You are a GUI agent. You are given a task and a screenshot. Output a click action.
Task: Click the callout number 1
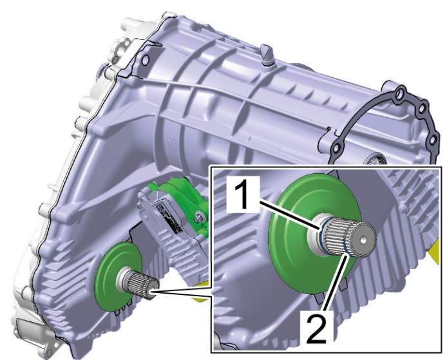coord(243,195)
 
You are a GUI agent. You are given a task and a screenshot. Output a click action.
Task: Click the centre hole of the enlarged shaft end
coord(363,241)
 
